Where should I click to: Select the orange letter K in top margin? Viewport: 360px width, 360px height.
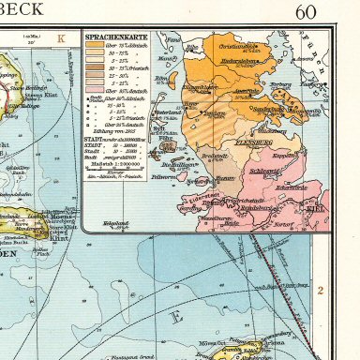(x=61, y=39)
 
